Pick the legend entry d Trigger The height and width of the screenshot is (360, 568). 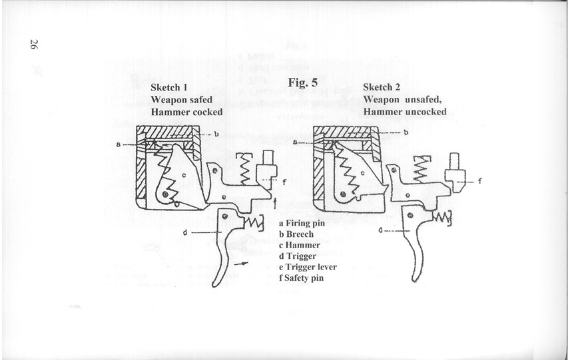click(x=300, y=256)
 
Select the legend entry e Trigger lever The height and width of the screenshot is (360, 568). click(x=308, y=267)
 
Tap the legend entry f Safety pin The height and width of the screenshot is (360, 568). click(x=302, y=277)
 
